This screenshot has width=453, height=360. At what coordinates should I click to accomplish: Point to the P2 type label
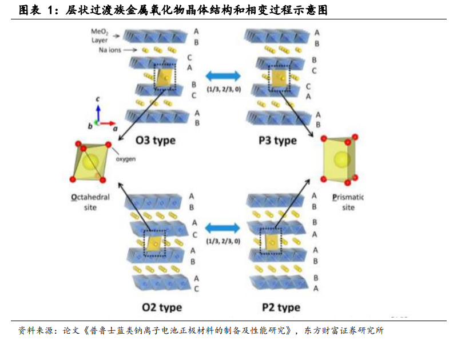(281, 307)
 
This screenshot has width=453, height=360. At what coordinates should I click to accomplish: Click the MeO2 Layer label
(101, 37)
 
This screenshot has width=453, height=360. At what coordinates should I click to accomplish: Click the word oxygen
(126, 159)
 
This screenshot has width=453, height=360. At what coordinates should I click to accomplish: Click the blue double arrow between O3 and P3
(222, 77)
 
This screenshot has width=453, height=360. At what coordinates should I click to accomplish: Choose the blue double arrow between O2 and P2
(222, 228)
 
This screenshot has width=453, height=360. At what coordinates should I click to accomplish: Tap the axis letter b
(90, 125)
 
